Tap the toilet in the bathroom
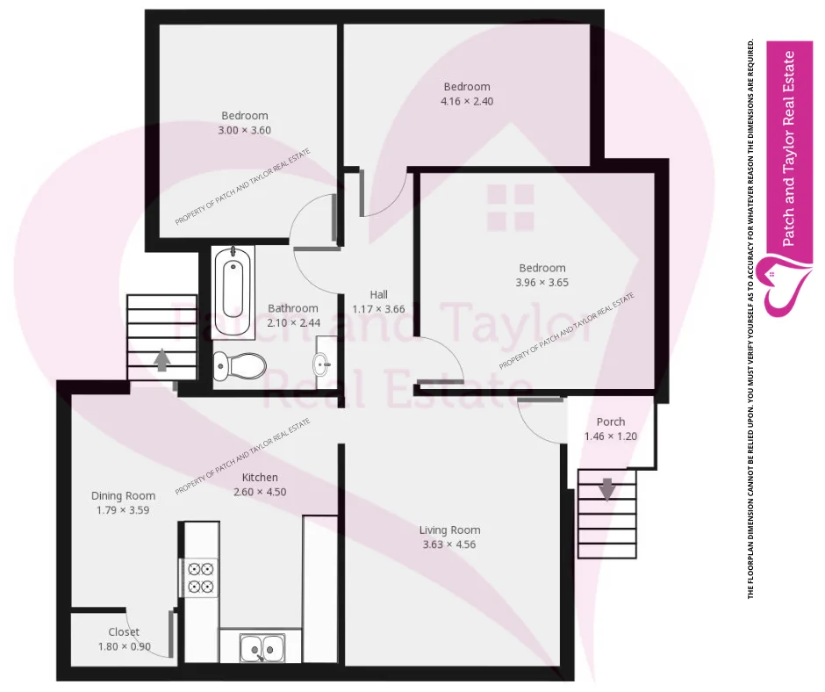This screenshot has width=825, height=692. pos(240,364)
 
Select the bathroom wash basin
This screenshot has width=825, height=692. pos(321,362)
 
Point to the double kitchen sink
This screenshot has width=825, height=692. pos(262,649)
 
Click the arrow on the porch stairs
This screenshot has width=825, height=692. pos(606,488)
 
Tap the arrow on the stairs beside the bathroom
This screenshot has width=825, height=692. pos(161,360)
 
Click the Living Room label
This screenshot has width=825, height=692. pos(449,530)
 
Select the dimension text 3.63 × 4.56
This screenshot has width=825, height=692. pos(449,544)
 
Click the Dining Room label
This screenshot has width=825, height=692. pos(123,495)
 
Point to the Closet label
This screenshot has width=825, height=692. pos(124,632)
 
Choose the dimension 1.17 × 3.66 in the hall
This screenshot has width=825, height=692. pos(378,309)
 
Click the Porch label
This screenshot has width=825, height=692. pos(610,422)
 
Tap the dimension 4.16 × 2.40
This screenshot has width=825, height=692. pos(467,101)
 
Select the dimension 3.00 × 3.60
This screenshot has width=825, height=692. pos(245,130)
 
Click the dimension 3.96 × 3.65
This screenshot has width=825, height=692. pos(542,283)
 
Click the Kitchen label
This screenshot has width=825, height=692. pos(260,477)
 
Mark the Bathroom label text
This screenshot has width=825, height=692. pos(293,308)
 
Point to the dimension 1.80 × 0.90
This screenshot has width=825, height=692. pos(124,647)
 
